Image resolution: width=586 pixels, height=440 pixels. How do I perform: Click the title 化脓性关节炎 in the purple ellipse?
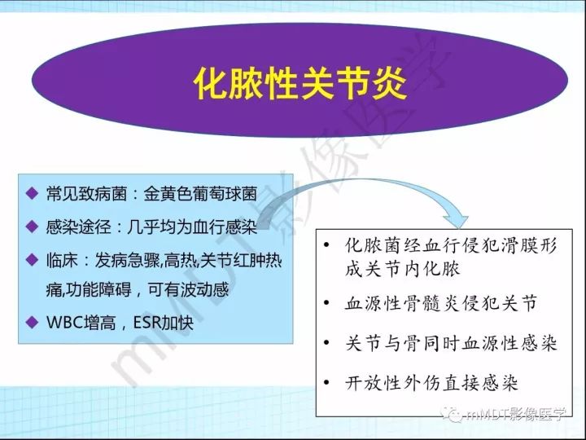tap(299, 83)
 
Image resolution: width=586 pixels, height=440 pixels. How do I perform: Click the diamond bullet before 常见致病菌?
tap(31, 194)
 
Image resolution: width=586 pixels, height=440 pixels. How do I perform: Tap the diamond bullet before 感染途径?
tap(31, 225)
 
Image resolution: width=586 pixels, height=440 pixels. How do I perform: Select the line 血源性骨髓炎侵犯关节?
tap(441, 304)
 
